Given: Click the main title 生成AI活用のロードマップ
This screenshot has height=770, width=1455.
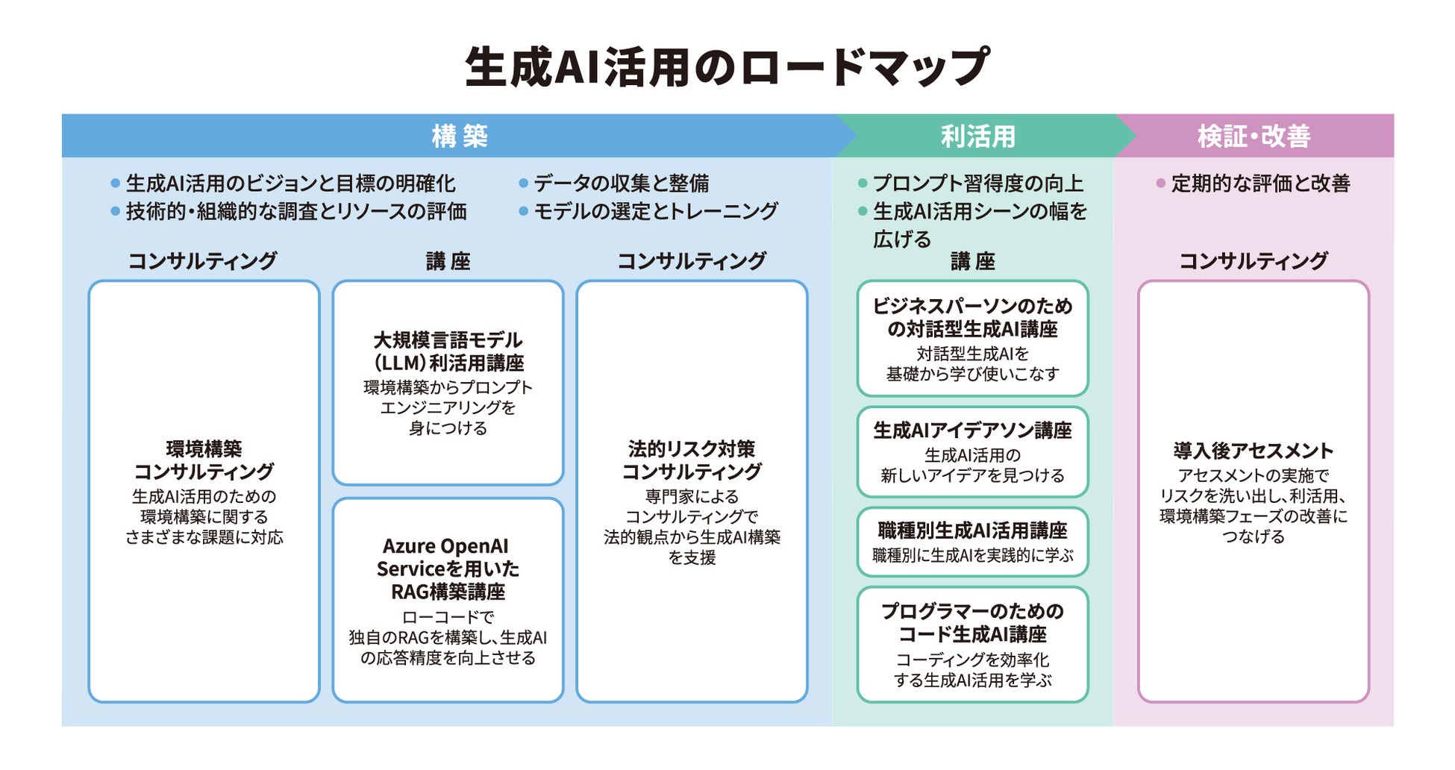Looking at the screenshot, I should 727,67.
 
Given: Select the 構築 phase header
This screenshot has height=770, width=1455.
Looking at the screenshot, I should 460,137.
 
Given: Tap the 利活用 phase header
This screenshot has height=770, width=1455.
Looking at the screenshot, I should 977,137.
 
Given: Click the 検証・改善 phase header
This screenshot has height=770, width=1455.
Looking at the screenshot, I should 1254,137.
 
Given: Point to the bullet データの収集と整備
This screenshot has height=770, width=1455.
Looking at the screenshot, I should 621,184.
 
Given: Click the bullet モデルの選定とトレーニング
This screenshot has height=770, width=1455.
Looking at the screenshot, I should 655,212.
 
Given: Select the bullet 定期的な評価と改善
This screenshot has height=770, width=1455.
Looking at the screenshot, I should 1260,184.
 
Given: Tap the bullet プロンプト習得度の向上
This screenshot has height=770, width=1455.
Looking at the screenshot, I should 977,184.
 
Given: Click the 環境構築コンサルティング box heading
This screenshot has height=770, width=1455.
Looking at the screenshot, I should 204,460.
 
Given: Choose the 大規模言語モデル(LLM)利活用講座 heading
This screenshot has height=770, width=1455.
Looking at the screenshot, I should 448,351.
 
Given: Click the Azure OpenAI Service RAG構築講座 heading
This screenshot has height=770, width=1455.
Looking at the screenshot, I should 448,569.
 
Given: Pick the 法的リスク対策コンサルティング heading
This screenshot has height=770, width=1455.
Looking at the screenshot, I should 692,460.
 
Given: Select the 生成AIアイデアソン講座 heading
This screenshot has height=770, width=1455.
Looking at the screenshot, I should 972,431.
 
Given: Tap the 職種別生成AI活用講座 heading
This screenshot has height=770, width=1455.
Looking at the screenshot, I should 972,530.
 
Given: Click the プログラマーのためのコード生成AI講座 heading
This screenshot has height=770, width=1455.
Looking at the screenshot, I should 972,622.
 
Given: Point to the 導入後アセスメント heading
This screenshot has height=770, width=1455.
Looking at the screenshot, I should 1253,451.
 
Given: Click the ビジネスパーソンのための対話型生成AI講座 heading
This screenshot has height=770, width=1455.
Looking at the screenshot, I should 972,317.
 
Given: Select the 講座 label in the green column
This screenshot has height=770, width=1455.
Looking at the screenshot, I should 972,261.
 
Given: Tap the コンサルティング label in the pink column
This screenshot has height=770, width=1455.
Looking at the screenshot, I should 1253,261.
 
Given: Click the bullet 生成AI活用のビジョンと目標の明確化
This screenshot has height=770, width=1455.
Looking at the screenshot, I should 290,184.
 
